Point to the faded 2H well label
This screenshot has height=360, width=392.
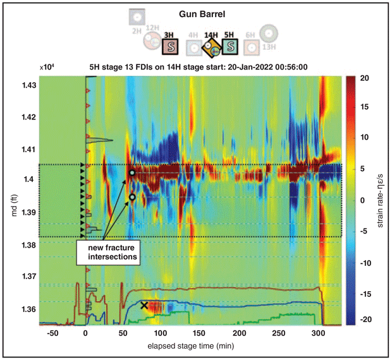point(136,30)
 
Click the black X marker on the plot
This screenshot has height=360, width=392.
point(145,306)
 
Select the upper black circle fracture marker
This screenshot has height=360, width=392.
point(132,172)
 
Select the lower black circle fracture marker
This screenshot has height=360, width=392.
point(132,197)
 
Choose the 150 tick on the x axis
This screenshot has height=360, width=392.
point(200,333)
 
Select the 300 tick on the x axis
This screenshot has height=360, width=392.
point(318,333)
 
